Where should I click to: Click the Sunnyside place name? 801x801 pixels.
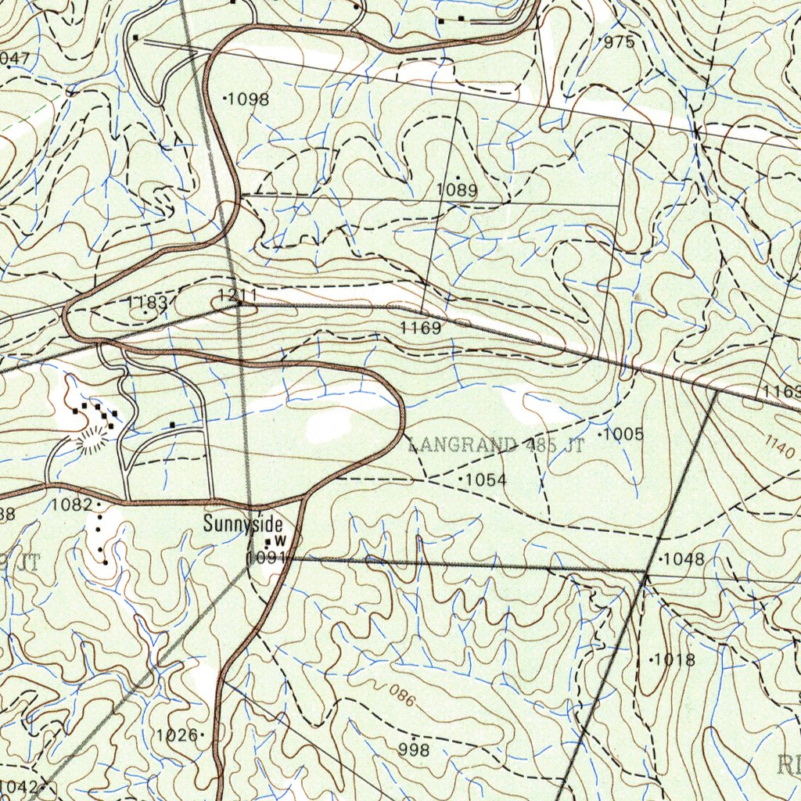242,524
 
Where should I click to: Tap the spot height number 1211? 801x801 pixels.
236,296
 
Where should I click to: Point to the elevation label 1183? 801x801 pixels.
147,303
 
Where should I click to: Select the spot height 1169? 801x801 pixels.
421,329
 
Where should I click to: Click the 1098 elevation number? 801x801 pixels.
248,99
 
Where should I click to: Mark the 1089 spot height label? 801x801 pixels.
457,189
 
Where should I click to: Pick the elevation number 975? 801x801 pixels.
620,42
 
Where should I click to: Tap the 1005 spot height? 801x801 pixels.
623,434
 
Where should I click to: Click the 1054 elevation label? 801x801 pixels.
487,480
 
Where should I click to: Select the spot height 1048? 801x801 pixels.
684,559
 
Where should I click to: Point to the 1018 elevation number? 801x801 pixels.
674,660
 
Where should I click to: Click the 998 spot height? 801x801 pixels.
414,750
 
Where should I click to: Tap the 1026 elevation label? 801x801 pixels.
177,735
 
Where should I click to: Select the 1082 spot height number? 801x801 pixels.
72,505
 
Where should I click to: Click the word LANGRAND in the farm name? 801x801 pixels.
463,447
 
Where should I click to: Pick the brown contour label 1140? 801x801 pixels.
781,447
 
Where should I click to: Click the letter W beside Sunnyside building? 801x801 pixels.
277,541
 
